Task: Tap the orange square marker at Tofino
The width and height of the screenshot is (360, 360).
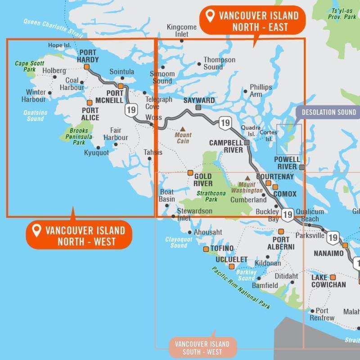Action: (x=206, y=249)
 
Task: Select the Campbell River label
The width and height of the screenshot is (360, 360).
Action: (x=226, y=146)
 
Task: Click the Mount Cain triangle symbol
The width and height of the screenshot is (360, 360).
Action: (x=183, y=129)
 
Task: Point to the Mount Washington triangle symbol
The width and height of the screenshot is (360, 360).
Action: (x=247, y=178)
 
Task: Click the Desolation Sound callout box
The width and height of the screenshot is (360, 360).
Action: (x=328, y=112)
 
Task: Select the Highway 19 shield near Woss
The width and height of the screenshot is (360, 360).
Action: (x=131, y=109)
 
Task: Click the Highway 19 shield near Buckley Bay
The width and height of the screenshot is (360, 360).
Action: (x=288, y=215)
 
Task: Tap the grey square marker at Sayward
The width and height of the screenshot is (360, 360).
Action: (x=198, y=108)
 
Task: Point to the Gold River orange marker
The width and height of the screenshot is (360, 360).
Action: (x=190, y=172)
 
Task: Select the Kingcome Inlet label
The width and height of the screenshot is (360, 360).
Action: (x=182, y=30)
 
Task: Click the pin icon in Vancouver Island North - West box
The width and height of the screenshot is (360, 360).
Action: (x=36, y=231)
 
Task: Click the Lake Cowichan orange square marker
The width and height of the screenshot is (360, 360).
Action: (x=333, y=277)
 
